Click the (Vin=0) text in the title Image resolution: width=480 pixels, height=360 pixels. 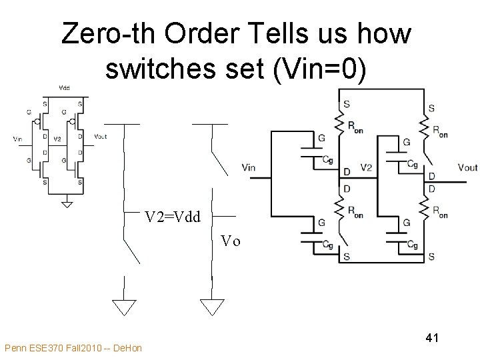319,71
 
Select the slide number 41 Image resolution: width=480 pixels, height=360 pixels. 431,339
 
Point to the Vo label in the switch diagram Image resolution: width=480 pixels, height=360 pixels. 231,241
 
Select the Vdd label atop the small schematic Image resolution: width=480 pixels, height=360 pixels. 64,87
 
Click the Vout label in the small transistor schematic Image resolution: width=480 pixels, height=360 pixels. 101,137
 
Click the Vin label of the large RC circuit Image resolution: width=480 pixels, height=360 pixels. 248,167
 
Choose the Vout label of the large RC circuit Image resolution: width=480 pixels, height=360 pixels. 467,167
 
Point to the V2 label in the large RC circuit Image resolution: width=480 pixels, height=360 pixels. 366,167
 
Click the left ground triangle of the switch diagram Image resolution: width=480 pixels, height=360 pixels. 123,307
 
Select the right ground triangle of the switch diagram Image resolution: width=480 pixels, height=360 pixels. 212,307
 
